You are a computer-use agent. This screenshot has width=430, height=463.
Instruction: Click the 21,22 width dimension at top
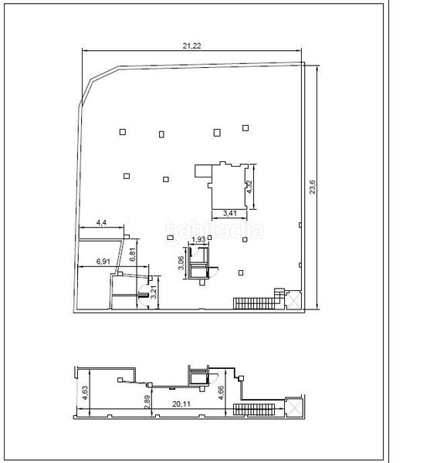(192, 46)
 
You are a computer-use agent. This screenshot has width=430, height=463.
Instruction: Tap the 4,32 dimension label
(249, 187)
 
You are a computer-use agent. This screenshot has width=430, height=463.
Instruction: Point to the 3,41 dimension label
(230, 213)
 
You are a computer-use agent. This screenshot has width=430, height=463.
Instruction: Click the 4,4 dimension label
(101, 223)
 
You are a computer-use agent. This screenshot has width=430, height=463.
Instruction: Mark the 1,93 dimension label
(199, 240)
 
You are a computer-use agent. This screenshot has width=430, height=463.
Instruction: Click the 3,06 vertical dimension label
(181, 264)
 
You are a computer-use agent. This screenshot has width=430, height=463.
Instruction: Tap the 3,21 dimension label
(154, 292)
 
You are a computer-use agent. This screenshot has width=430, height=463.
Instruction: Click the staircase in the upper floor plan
(253, 301)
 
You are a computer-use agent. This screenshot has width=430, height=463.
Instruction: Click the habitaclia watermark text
(215, 229)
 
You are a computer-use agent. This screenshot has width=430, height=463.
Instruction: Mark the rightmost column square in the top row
(245, 127)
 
